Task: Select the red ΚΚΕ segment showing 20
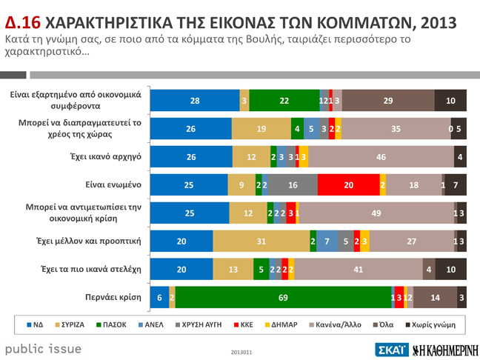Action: (x=348, y=184)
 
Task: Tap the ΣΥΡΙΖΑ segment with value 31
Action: (x=261, y=241)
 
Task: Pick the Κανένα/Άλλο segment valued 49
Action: (x=376, y=213)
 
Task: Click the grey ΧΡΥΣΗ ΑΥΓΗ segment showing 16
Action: (x=293, y=184)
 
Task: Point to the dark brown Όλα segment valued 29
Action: (x=389, y=100)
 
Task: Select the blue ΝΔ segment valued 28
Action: (x=195, y=100)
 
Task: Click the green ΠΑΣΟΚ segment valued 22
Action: (x=284, y=100)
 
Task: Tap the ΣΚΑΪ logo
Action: (x=391, y=349)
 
